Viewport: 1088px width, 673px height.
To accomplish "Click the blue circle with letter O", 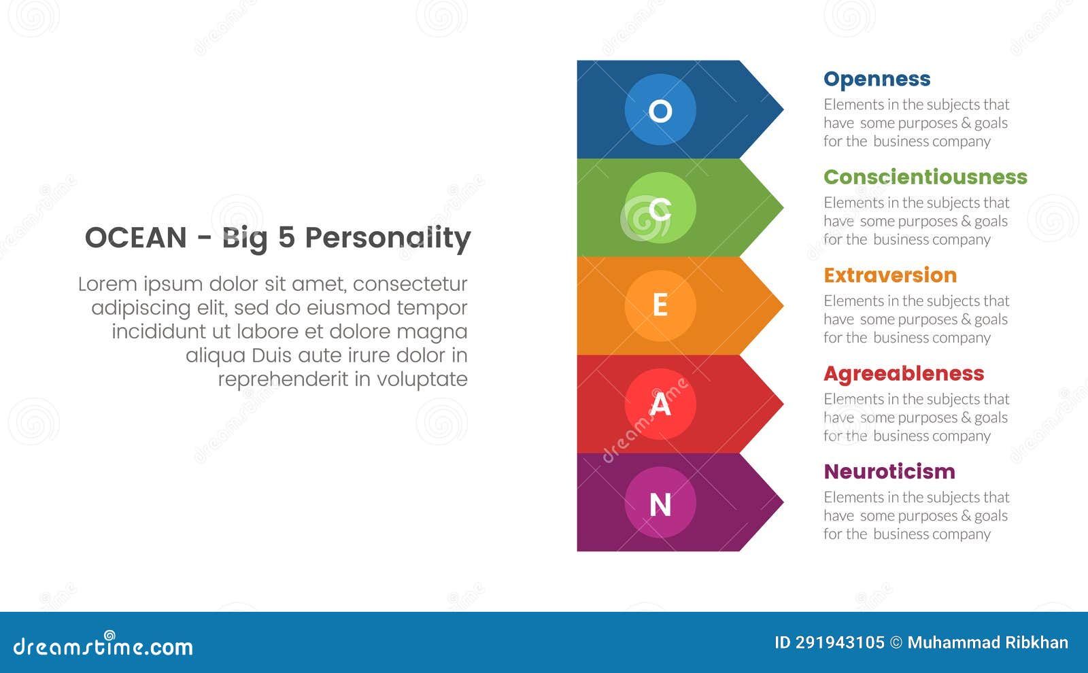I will pyautogui.click(x=660, y=109).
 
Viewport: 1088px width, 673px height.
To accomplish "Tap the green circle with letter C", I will pyautogui.click(x=660, y=207).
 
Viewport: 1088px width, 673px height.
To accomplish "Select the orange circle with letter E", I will pyautogui.click(x=660, y=305).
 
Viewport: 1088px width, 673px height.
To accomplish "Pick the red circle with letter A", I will pyautogui.click(x=660, y=404).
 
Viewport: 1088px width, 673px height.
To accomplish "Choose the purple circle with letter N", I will pyautogui.click(x=660, y=502).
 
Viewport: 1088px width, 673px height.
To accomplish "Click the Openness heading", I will pyautogui.click(x=877, y=79).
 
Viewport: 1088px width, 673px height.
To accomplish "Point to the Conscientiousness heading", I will pyautogui.click(x=925, y=177).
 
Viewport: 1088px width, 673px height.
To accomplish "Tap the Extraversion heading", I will pyautogui.click(x=890, y=275).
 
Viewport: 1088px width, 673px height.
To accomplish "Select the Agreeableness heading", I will pyautogui.click(x=904, y=373).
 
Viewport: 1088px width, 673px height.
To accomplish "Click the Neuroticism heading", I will pyautogui.click(x=889, y=471).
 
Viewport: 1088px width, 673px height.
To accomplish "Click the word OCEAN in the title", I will pyautogui.click(x=135, y=238).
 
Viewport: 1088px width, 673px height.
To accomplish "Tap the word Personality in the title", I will pyautogui.click(x=388, y=238).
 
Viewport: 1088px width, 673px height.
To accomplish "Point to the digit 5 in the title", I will pyautogui.click(x=286, y=238).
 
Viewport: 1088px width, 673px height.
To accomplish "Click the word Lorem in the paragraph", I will pyautogui.click(x=106, y=283).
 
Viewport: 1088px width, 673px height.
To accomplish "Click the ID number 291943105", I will pyautogui.click(x=839, y=642).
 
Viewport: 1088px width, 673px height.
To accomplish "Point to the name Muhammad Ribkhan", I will pyautogui.click(x=987, y=642).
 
